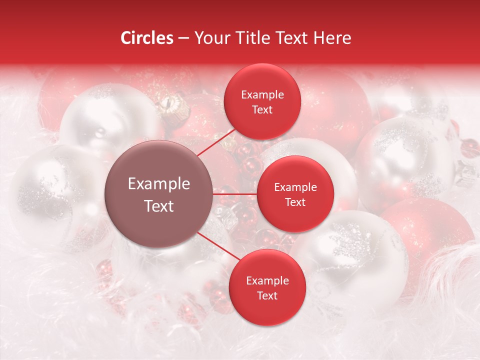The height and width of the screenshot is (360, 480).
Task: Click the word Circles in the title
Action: [147, 38]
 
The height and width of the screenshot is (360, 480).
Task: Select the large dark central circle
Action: [159, 194]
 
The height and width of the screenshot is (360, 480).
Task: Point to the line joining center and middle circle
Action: [235, 193]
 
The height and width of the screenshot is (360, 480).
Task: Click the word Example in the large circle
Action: [159, 184]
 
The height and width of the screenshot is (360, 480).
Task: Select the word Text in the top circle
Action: [262, 109]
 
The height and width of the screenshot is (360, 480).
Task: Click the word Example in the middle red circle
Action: [295, 187]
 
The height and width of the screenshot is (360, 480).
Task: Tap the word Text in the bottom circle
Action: [267, 295]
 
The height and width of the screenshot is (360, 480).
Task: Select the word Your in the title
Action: [208, 38]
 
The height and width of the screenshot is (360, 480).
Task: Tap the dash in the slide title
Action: [183, 38]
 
